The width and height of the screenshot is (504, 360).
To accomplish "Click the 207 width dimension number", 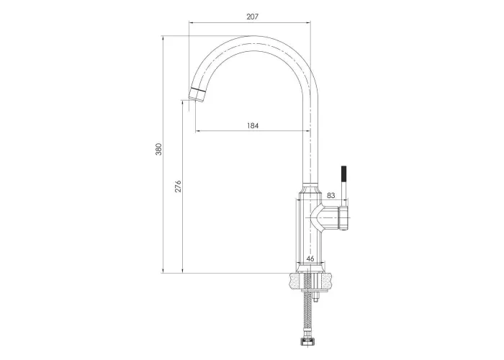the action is [x=252, y=17].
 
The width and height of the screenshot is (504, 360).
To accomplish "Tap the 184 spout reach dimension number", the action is [x=253, y=125].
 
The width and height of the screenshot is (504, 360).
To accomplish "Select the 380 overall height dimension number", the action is [x=159, y=149].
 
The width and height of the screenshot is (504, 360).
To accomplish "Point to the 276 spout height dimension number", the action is [x=178, y=186].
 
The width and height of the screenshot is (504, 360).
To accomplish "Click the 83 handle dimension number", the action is [x=330, y=195].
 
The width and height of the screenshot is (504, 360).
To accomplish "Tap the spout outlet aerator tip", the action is [x=197, y=94].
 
